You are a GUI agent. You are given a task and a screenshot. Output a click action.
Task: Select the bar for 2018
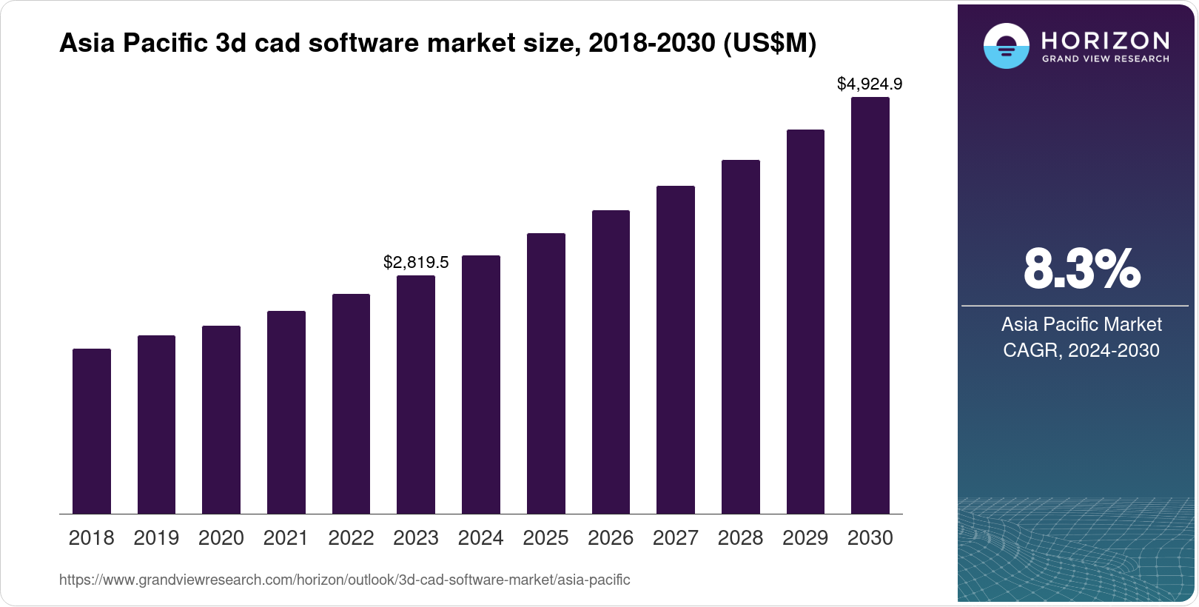[92, 431]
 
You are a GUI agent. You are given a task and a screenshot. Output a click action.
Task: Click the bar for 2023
[416, 395]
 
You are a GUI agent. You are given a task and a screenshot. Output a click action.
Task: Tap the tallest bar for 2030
[870, 305]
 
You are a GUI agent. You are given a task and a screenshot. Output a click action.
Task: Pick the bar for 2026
[611, 362]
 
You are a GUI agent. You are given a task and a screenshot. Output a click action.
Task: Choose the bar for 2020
[221, 420]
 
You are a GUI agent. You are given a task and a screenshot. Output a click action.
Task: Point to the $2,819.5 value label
[416, 262]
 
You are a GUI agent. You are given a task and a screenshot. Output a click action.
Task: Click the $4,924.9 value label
[870, 84]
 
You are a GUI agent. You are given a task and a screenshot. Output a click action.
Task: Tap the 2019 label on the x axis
[156, 538]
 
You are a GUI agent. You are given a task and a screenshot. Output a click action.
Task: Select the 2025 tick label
[545, 538]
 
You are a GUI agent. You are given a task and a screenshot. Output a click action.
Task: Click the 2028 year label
[740, 538]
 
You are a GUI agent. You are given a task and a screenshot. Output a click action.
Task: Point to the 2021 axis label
[286, 538]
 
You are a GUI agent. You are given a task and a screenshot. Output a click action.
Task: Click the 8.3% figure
[1081, 269]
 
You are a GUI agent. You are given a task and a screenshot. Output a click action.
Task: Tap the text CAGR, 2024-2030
[1081, 350]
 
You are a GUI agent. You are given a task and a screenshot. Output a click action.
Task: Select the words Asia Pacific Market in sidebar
[1081, 324]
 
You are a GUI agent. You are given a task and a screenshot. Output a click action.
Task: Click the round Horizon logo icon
[1006, 46]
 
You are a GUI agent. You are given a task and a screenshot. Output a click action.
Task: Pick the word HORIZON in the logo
[1106, 40]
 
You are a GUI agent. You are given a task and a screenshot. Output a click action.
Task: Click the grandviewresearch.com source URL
[344, 580]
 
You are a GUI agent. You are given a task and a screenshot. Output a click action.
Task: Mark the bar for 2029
[805, 321]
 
